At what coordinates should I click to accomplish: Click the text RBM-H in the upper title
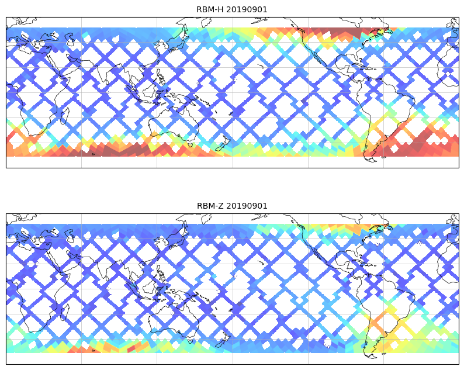pos(210,9)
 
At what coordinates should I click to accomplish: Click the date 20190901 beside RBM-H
pos(247,9)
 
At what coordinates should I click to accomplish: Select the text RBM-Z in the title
pos(210,206)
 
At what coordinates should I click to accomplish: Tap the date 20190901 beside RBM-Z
pos(247,206)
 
